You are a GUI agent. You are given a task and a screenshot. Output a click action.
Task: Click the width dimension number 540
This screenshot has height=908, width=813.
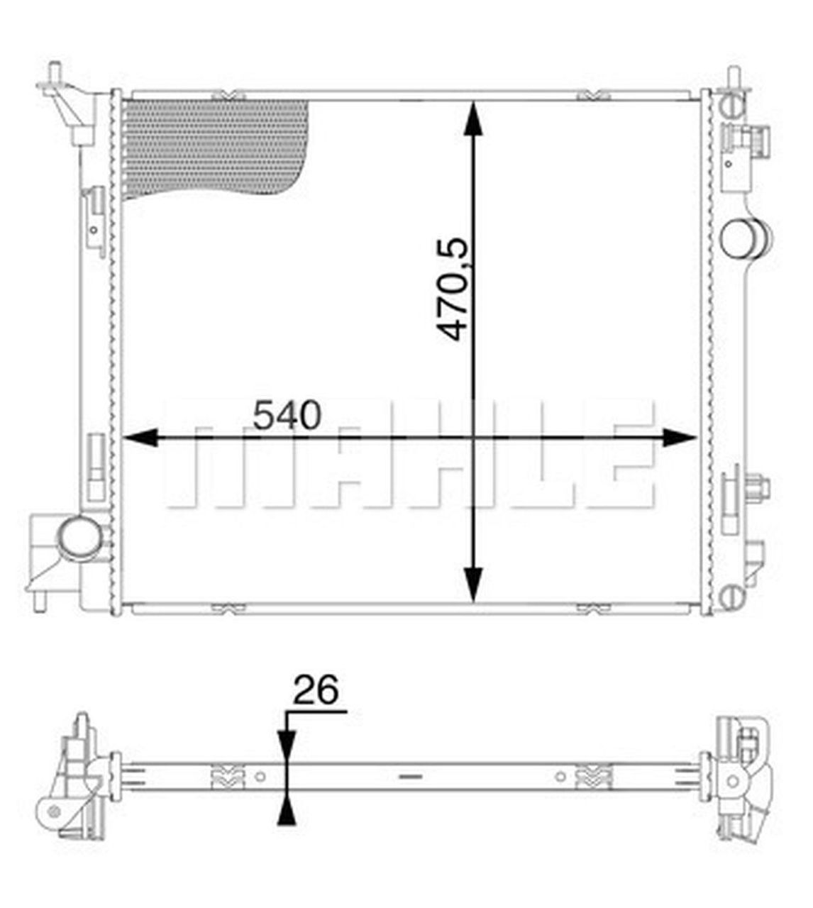(287, 416)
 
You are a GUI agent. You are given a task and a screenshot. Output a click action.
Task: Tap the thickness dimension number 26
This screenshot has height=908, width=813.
(316, 690)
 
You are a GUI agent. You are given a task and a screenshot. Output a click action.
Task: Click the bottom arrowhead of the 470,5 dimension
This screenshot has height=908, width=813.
(473, 585)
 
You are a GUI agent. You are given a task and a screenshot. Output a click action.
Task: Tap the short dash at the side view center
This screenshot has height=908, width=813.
(410, 777)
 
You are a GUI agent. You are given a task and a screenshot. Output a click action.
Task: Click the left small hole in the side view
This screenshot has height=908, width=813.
(261, 777)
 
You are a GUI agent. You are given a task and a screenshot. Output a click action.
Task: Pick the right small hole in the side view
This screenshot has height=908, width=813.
(560, 777)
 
